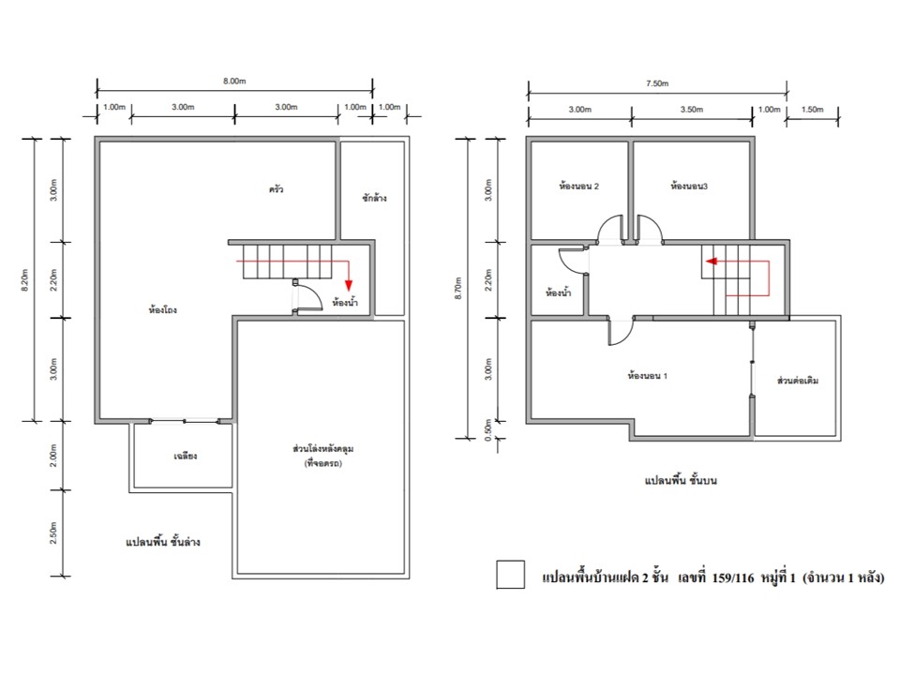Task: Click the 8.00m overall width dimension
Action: tap(234, 81)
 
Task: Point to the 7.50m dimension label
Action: tap(656, 83)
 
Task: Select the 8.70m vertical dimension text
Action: tap(457, 288)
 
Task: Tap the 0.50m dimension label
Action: tap(487, 430)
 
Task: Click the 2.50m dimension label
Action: tap(53, 532)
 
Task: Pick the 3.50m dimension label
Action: tap(691, 109)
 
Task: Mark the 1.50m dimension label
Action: tap(812, 109)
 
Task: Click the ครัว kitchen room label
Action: tap(276, 188)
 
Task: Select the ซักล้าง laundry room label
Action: tap(374, 198)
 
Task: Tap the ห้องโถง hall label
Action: tap(163, 310)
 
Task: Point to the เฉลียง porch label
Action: tap(185, 456)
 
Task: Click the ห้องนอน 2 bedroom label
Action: tap(578, 186)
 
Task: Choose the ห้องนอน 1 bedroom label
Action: tap(647, 376)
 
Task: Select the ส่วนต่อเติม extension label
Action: tap(797, 380)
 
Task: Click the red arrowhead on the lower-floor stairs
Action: tap(349, 285)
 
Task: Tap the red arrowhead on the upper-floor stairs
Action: tap(712, 262)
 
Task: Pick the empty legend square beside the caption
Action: tap(510, 575)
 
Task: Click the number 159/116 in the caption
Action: tap(733, 578)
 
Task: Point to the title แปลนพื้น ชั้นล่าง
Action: tap(163, 541)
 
